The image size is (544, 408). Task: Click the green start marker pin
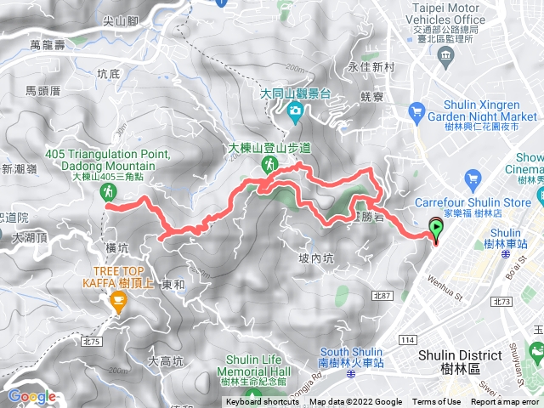pyautogui.click(x=437, y=227)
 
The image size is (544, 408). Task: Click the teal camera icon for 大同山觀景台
pyautogui.click(x=294, y=109)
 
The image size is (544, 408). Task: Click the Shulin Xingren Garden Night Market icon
pyautogui.click(x=416, y=110)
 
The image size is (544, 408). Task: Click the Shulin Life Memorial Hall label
pyautogui.click(x=255, y=375)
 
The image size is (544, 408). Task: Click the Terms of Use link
pyautogui.click(x=436, y=402)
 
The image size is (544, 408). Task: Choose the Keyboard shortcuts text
pyautogui.click(x=263, y=402)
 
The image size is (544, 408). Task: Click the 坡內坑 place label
pyautogui.click(x=316, y=258)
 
